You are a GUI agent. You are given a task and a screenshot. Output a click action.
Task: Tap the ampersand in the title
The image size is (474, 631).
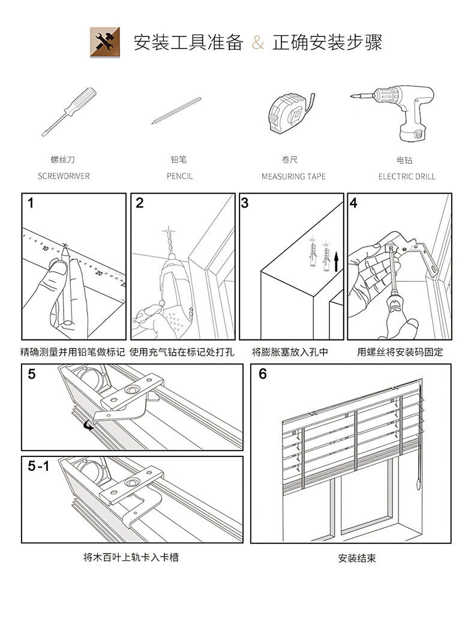[258, 43]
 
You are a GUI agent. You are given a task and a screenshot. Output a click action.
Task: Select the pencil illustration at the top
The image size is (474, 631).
[176, 110]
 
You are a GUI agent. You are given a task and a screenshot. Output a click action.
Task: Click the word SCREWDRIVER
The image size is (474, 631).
[64, 176]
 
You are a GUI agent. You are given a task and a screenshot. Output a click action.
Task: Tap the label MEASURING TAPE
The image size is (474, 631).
[293, 176]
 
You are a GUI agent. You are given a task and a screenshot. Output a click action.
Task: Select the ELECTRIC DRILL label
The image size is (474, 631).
[407, 176]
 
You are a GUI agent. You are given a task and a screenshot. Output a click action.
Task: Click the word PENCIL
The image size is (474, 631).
[180, 176]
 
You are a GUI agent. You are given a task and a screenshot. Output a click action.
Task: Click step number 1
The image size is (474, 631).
[31, 203]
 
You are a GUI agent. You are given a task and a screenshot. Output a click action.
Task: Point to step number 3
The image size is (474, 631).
[245, 203]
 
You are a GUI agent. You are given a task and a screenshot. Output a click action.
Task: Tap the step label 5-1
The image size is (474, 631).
[38, 466]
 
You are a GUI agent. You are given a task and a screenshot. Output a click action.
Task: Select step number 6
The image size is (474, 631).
[262, 374]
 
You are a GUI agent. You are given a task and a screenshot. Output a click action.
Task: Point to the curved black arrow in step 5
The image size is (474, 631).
[89, 425]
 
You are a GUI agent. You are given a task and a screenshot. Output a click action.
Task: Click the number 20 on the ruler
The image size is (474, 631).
[99, 272]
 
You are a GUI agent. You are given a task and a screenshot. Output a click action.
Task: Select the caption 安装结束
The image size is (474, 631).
[357, 558]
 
